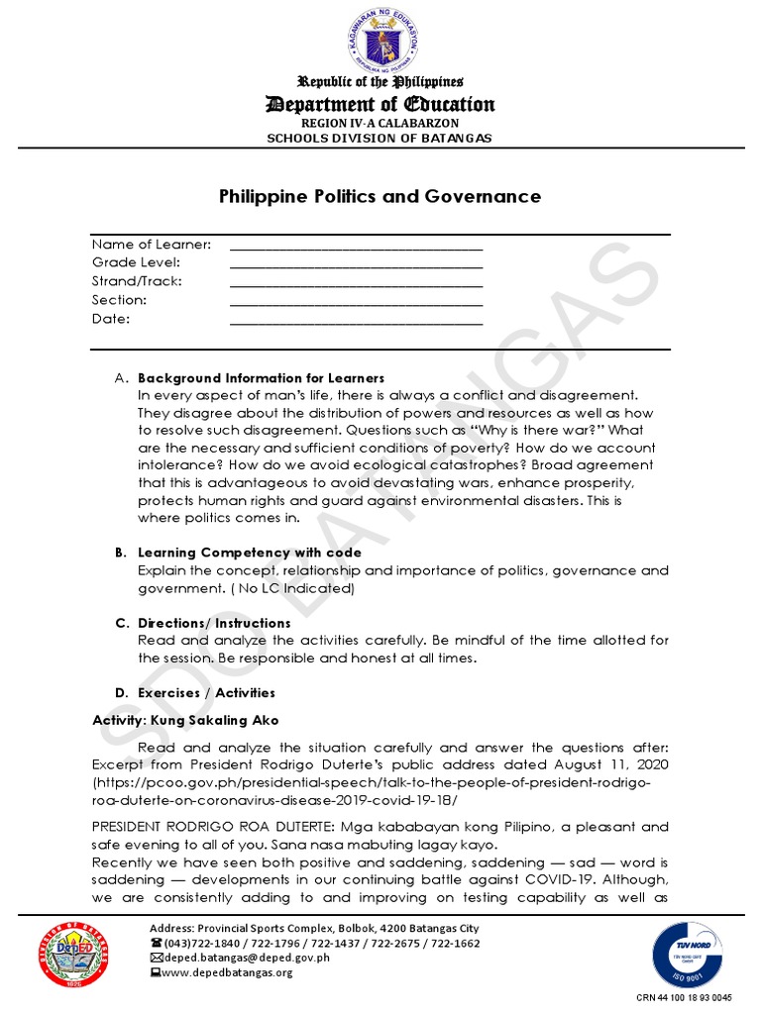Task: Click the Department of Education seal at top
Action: pyautogui.click(x=380, y=43)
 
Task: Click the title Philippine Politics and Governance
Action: pyautogui.click(x=380, y=196)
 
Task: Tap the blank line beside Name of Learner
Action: pyautogui.click(x=356, y=246)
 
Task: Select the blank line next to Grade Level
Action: pyautogui.click(x=356, y=264)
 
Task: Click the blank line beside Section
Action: pyautogui.click(x=356, y=302)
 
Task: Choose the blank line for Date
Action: pyautogui.click(x=356, y=321)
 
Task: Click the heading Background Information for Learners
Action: pyautogui.click(x=261, y=378)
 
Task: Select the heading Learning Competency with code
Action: pyautogui.click(x=249, y=553)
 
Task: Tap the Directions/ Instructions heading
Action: pyautogui.click(x=214, y=623)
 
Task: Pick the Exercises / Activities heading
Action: pyautogui.click(x=206, y=693)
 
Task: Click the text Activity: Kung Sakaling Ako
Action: pyautogui.click(x=185, y=720)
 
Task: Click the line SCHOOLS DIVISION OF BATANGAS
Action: pyautogui.click(x=380, y=138)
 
